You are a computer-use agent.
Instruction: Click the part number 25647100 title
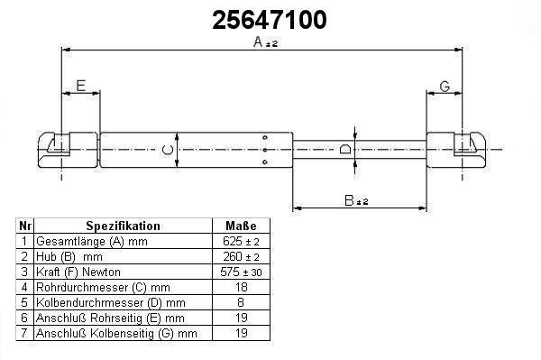269,20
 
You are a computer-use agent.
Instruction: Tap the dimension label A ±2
265,42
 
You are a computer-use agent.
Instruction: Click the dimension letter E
81,86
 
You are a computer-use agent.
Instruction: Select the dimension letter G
445,87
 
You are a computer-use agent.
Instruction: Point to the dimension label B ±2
356,200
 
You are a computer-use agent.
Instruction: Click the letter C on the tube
168,150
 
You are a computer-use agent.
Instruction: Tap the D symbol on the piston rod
345,149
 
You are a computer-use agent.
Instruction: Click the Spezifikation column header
123,226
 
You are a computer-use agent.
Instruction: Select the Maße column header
241,226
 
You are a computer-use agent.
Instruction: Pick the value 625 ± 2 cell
241,241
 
